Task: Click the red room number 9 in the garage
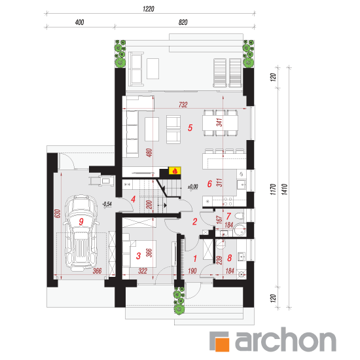[x=81, y=221]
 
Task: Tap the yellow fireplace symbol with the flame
[x=175, y=171]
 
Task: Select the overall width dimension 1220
[x=149, y=9]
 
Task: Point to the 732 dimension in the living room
[x=183, y=105]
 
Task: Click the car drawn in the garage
[x=81, y=232]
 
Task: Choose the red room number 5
[x=190, y=128]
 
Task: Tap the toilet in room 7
[x=240, y=217]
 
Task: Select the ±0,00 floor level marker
[x=193, y=187]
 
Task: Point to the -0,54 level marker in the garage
[x=107, y=204]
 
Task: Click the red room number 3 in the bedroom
[x=138, y=256]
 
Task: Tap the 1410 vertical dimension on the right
[x=285, y=189]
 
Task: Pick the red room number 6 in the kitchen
[x=209, y=184]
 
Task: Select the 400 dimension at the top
[x=79, y=22]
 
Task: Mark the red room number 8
[x=229, y=258]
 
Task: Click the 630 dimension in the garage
[x=58, y=213]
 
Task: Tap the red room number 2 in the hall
[x=194, y=221]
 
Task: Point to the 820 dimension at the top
[x=183, y=22]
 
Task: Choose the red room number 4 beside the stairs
[x=133, y=199]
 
